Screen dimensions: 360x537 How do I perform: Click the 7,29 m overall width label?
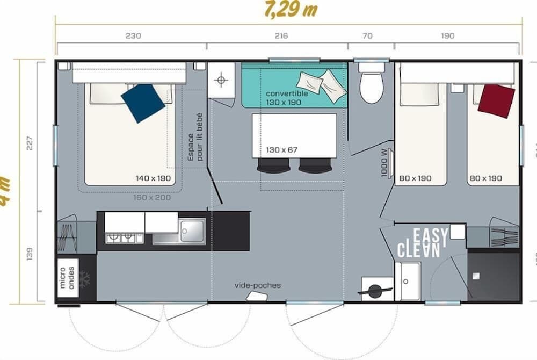[x=291, y=10]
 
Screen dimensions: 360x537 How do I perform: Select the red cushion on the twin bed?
[x=496, y=100]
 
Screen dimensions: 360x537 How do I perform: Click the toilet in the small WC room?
[x=372, y=85]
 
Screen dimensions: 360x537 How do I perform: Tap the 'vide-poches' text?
[x=257, y=285]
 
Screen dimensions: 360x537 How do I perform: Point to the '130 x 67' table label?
[x=282, y=150]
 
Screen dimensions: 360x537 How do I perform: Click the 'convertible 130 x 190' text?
[x=287, y=97]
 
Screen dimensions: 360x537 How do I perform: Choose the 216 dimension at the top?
[x=281, y=36]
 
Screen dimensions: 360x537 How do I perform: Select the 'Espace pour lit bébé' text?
[x=195, y=137]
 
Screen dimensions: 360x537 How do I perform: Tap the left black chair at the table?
[x=273, y=166]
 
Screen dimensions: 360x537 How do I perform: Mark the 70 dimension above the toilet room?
[x=367, y=36]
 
